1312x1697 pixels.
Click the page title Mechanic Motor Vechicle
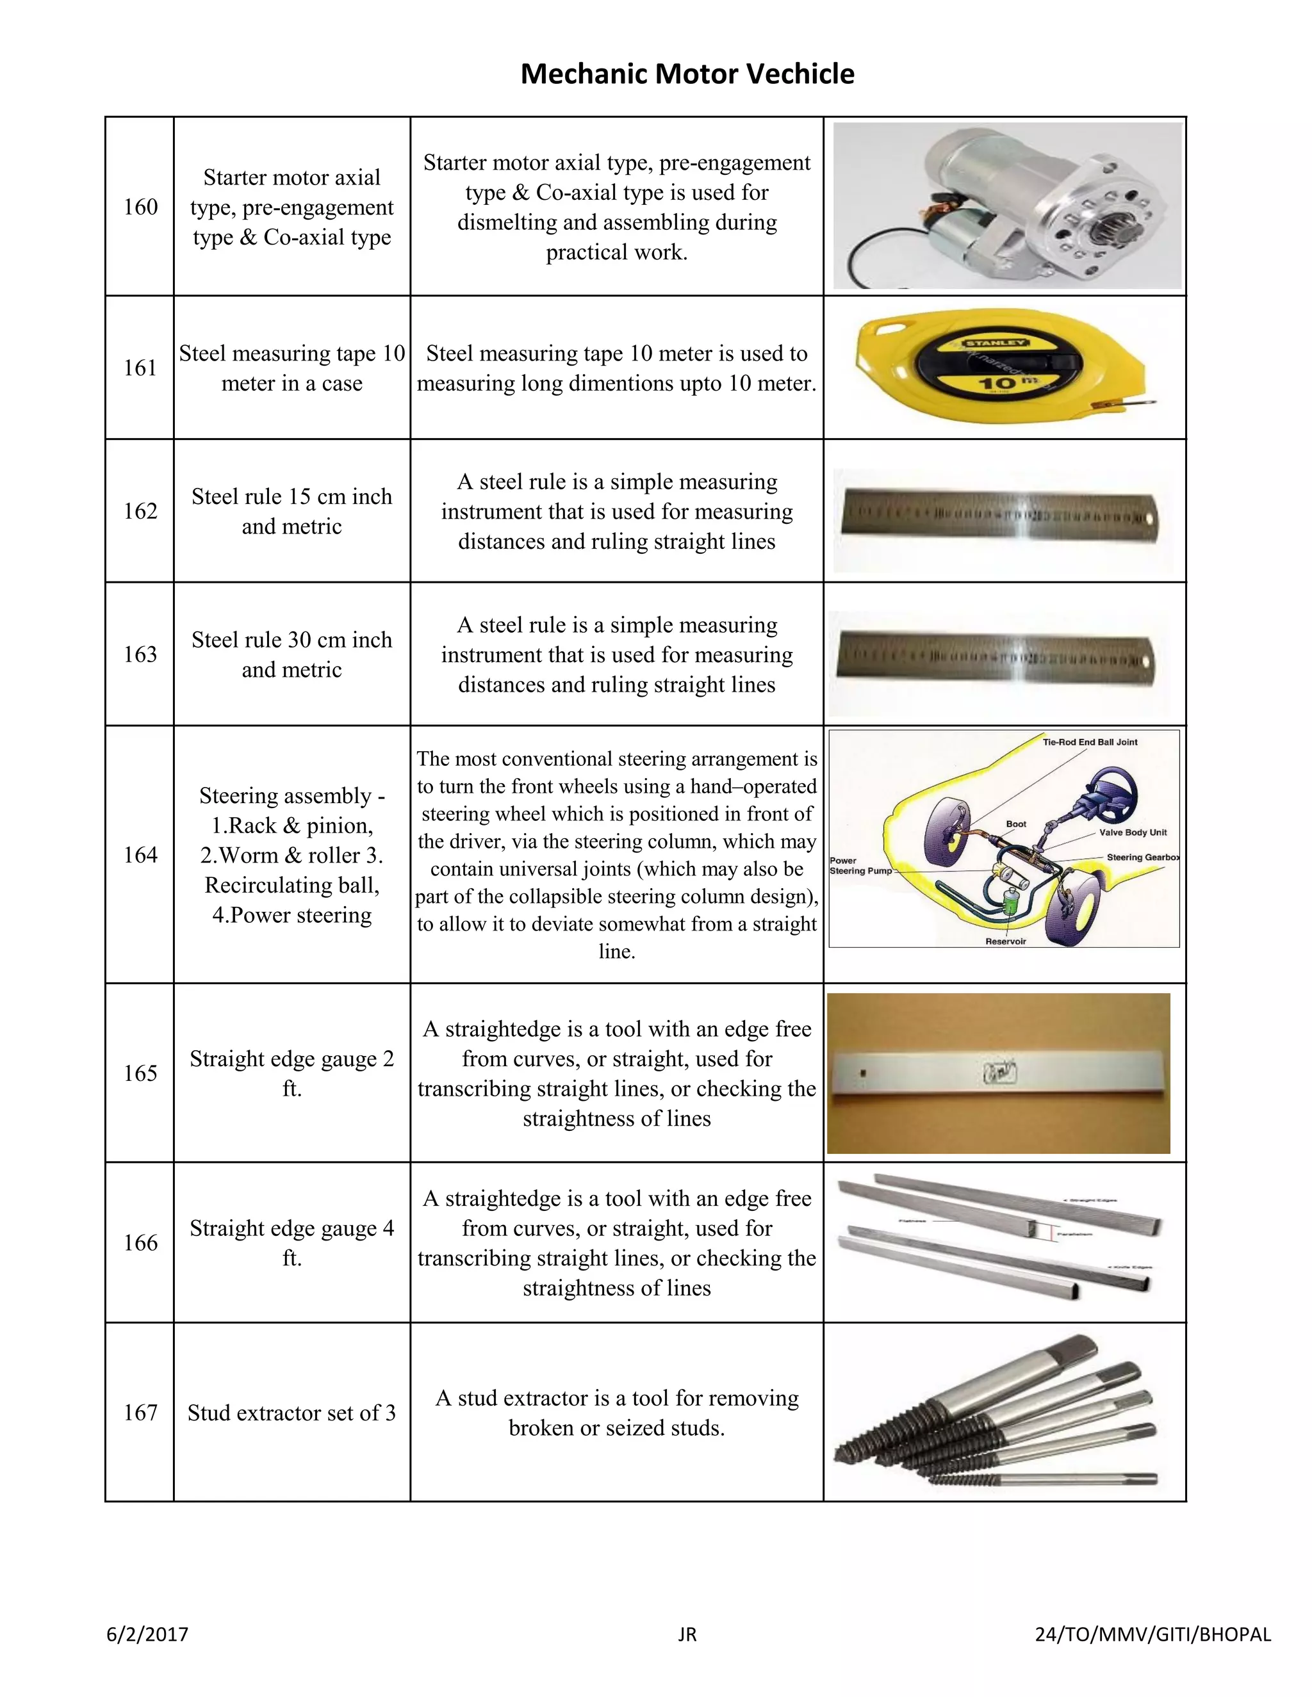click(x=687, y=74)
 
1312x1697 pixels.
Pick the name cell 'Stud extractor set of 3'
click(x=291, y=1412)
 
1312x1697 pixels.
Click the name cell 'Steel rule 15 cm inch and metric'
click(x=291, y=511)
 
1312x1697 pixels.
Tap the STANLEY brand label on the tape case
click(x=996, y=343)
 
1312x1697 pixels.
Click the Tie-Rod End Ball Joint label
click(x=1090, y=742)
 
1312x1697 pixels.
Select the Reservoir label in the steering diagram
click(x=1006, y=941)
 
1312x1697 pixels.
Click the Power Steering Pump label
click(x=860, y=866)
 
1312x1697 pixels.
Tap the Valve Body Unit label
click(x=1133, y=832)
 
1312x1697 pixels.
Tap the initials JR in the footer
click(x=687, y=1634)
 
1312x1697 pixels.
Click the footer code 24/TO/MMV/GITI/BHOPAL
click(x=1152, y=1634)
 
